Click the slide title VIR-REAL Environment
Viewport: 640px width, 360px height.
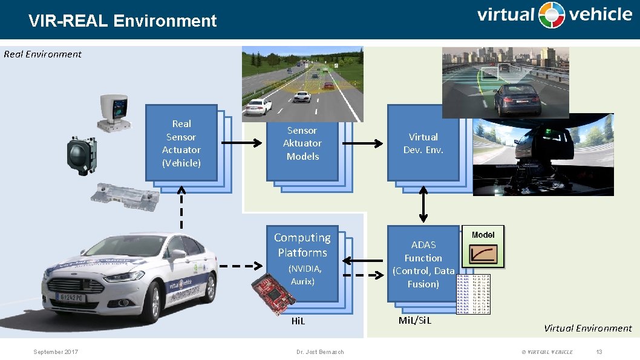122,21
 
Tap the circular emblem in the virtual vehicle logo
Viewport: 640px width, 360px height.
552,15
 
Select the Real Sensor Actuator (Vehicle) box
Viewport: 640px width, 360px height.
181,143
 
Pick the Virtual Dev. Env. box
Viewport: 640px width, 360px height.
423,143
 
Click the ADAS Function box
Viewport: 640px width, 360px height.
423,264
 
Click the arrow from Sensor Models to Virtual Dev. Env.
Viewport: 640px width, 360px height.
362,143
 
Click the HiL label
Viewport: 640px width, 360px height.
298,321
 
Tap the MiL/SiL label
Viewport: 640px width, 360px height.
415,320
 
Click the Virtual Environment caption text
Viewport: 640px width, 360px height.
587,328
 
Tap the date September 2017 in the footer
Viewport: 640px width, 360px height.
56,352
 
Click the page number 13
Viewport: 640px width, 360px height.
599,352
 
